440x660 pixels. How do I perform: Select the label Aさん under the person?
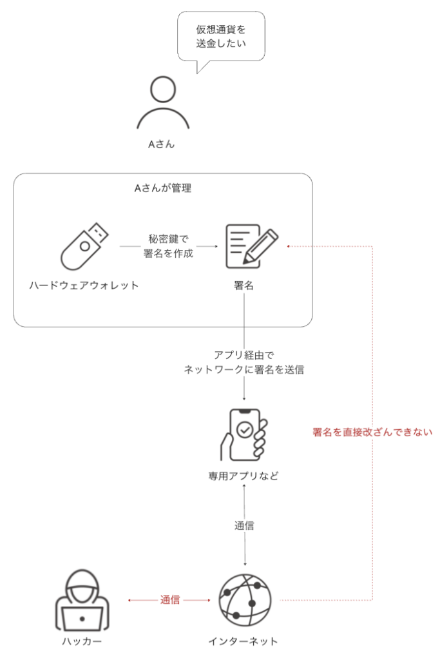tap(162, 144)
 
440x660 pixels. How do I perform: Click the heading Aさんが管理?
tap(162, 188)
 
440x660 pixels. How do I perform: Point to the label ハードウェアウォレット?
tap(84, 285)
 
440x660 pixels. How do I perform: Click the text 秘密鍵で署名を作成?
tap(168, 245)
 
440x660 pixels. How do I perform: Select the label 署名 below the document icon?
tap(244, 285)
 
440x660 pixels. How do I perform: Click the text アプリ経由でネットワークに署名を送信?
tap(244, 362)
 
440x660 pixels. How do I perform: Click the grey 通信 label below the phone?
tap(244, 525)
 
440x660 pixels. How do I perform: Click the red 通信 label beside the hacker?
tap(170, 599)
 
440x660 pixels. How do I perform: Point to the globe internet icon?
tap(244, 599)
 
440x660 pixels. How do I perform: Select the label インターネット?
tap(244, 641)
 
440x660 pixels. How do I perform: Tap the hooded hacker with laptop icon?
tap(82, 599)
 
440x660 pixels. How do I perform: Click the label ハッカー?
tap(82, 641)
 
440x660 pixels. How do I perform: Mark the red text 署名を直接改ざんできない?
tap(372, 432)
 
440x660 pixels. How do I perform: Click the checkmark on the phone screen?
tap(245, 429)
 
